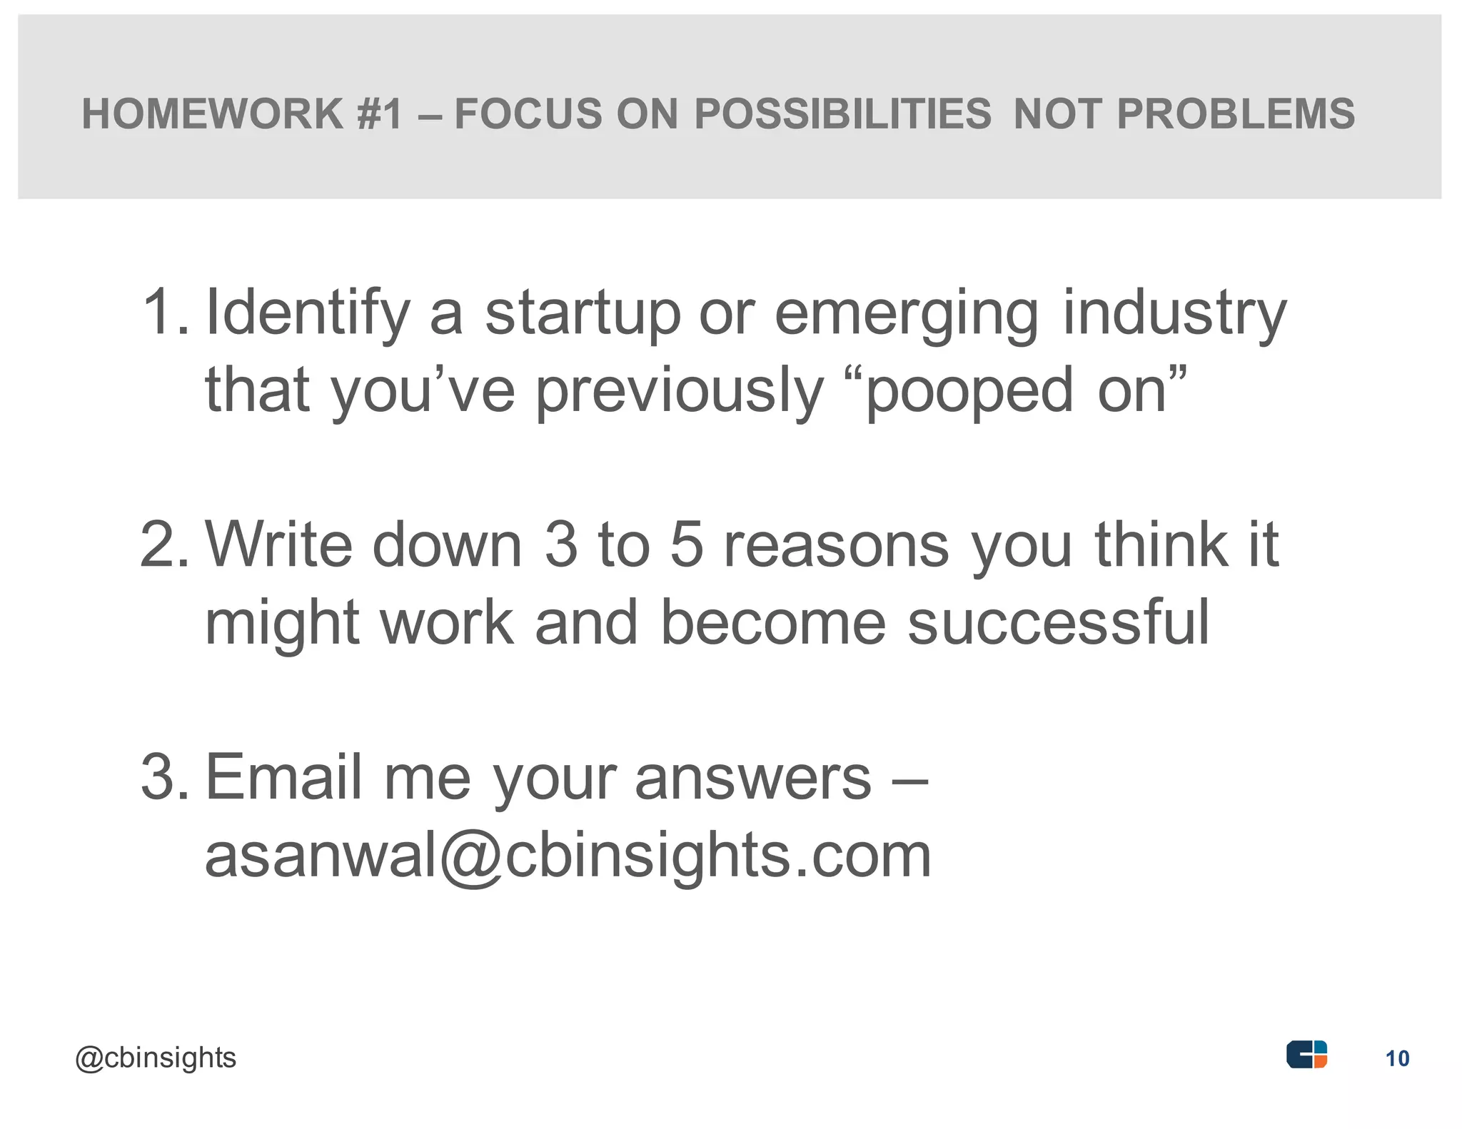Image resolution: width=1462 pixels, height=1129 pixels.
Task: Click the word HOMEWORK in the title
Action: [x=213, y=114]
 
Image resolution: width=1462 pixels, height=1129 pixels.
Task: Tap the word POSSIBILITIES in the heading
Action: [x=843, y=114]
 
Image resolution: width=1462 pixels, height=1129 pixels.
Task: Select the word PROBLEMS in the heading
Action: [x=1235, y=114]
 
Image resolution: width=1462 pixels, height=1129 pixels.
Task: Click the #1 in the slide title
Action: [x=380, y=114]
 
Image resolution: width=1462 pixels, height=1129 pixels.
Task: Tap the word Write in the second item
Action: [x=279, y=544]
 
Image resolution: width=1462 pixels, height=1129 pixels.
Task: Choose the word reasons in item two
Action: [x=837, y=550]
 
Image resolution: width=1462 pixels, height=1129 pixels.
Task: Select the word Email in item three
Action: [x=286, y=776]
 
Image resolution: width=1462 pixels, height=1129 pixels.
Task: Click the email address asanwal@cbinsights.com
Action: [x=568, y=856]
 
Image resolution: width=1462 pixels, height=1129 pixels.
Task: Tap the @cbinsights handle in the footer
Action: [x=156, y=1058]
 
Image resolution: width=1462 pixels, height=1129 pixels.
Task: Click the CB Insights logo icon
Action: [x=1306, y=1054]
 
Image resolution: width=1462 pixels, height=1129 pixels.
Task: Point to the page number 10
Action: [x=1397, y=1058]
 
